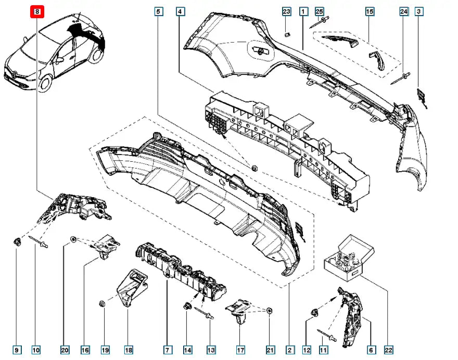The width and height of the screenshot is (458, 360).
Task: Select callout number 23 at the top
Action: click(286, 11)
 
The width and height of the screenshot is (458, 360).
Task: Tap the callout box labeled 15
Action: click(370, 11)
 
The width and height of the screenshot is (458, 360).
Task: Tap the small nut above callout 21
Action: click(269, 311)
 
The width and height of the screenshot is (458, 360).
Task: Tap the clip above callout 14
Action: click(186, 306)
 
